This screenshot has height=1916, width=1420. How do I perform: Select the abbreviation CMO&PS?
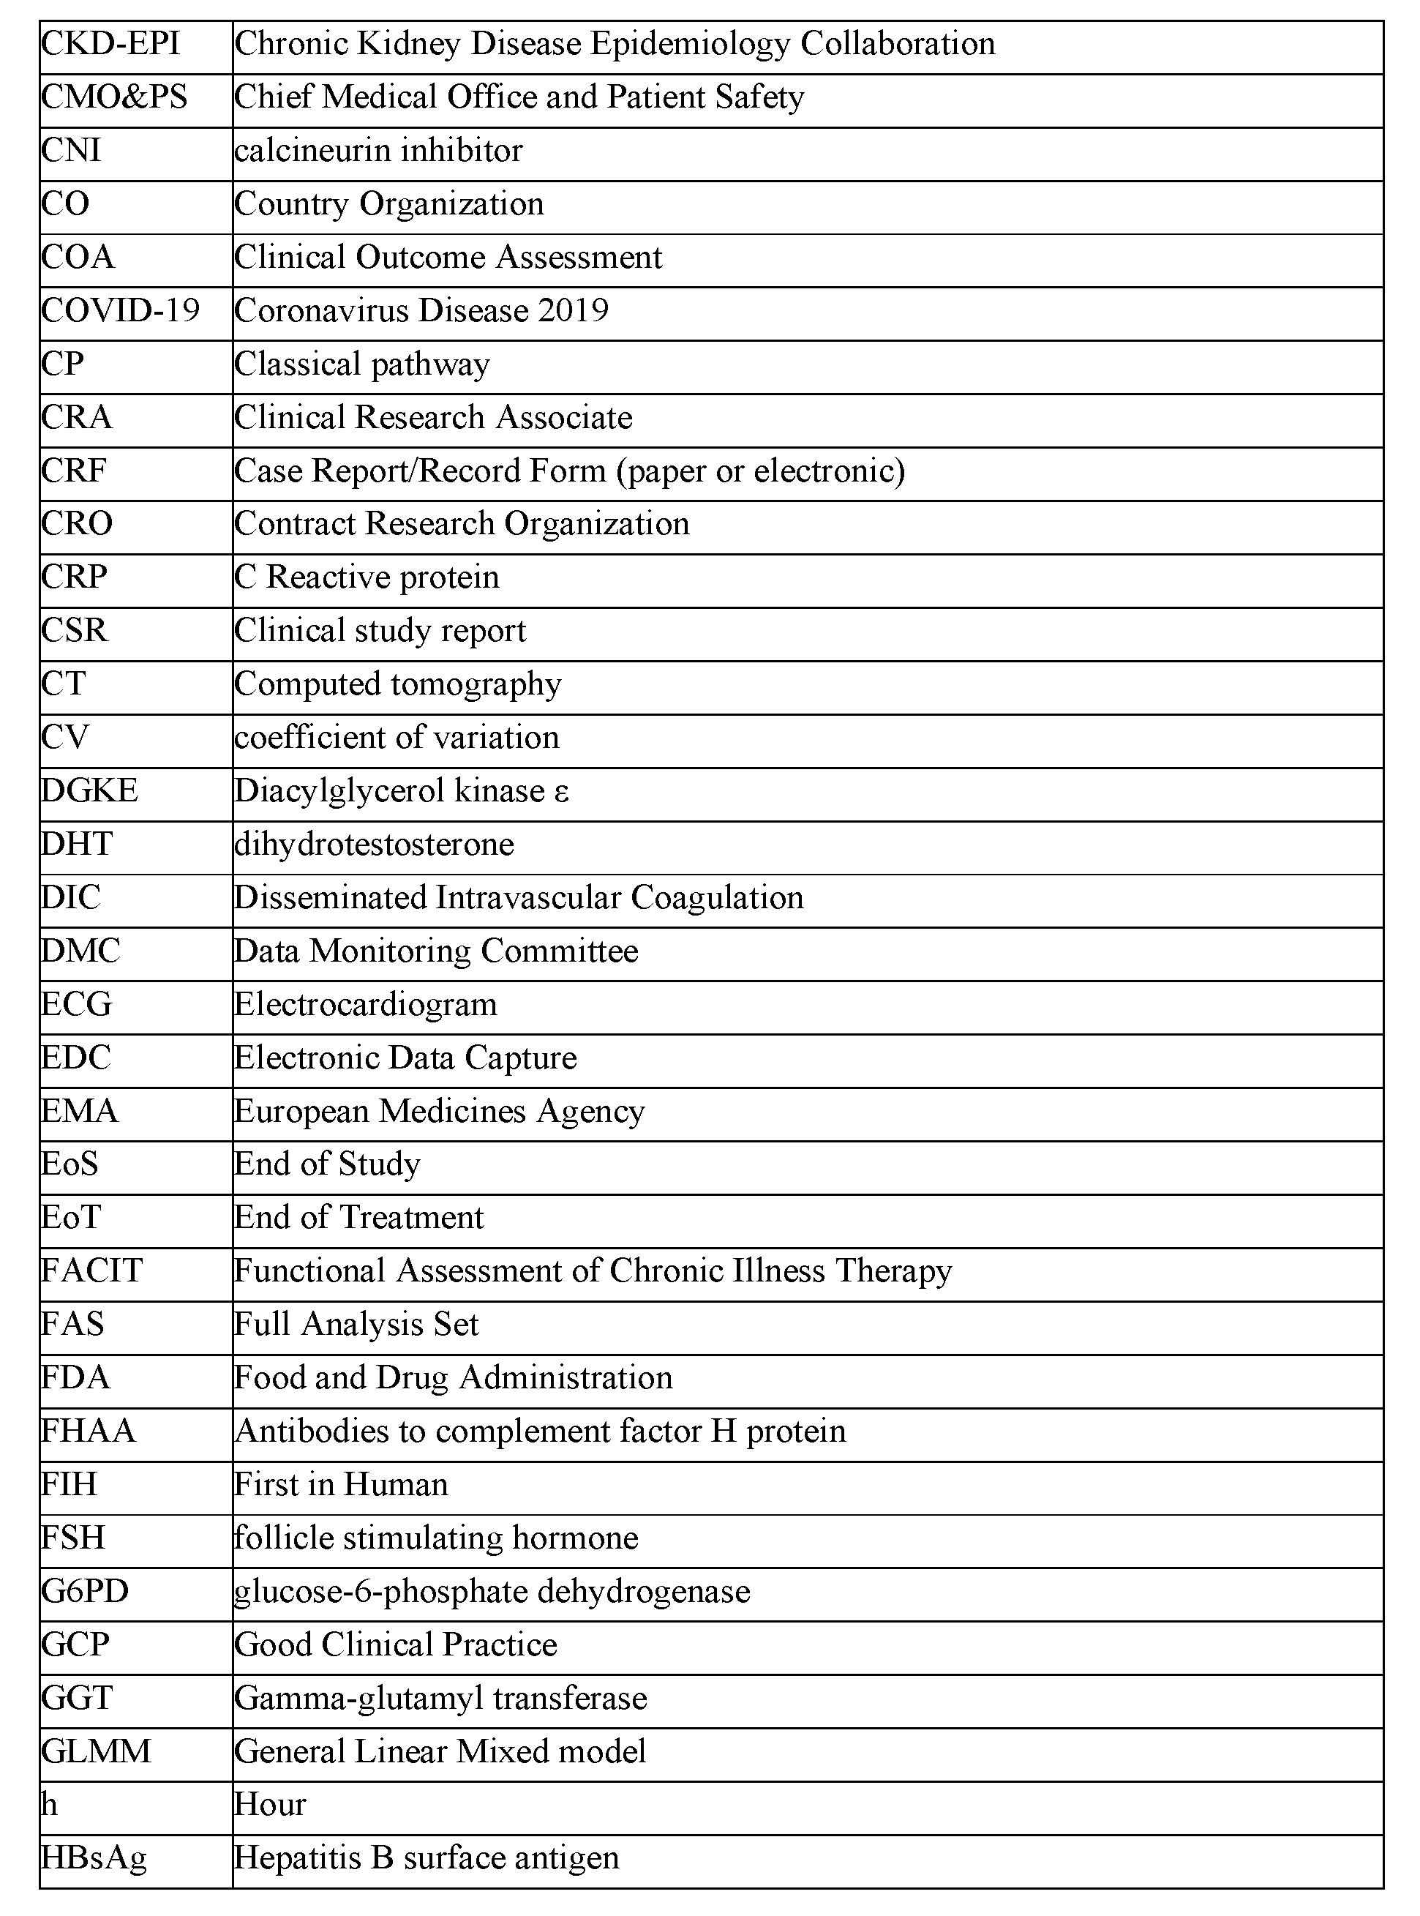114,97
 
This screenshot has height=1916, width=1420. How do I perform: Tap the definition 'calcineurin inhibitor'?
378,151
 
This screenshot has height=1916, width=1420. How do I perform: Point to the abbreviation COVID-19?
120,310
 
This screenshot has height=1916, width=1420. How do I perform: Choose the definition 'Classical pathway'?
362,364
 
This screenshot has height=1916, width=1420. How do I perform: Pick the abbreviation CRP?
74,577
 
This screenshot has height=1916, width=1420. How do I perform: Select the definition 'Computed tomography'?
398,684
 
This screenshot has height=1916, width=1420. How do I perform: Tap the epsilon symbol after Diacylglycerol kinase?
561,791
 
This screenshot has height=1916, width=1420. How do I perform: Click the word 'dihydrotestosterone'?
374,845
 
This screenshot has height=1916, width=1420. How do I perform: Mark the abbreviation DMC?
80,951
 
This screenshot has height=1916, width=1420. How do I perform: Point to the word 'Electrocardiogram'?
365,1004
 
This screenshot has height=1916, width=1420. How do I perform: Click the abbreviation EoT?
72,1218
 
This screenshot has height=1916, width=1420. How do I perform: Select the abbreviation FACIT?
92,1271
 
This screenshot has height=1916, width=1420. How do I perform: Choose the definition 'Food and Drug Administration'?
453,1377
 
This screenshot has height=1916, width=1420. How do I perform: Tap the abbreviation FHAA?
89,1431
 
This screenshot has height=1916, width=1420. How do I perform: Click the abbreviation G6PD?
85,1591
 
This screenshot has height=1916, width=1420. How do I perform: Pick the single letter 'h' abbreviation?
50,1804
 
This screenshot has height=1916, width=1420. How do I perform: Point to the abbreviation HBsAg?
94,1857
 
